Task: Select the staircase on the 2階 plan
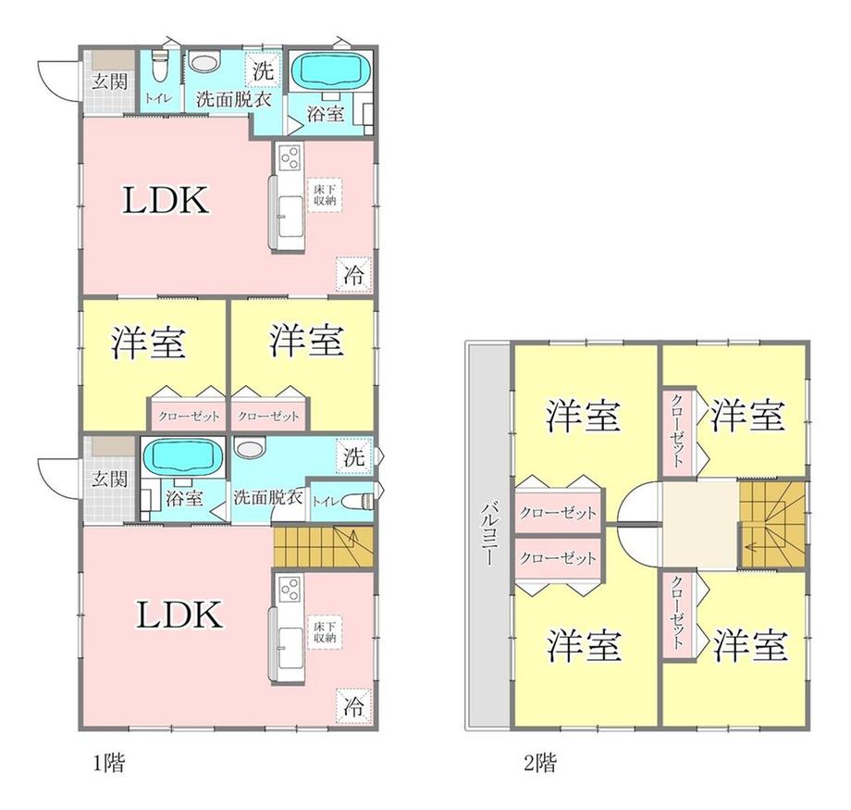(773, 524)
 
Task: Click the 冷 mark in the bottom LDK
(353, 705)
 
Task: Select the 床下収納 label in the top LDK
(323, 193)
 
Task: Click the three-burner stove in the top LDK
(287, 158)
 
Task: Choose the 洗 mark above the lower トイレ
(355, 455)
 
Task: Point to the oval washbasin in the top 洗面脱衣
(205, 64)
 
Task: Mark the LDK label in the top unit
(166, 201)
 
